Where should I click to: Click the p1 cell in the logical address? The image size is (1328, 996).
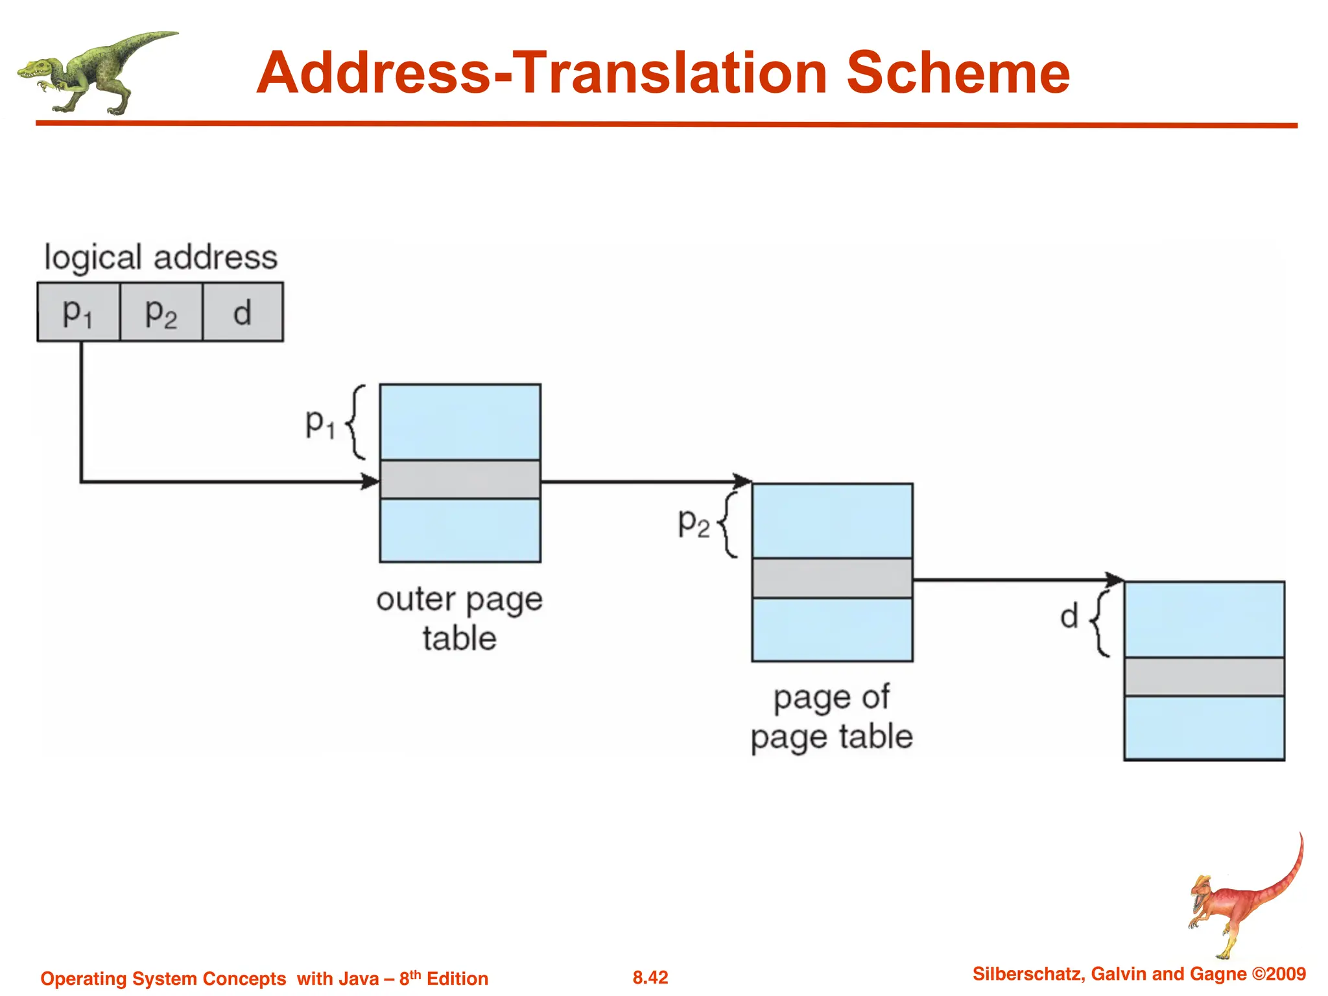pos(78,312)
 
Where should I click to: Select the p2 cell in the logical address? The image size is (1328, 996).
pos(161,312)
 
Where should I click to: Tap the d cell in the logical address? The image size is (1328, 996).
pos(243,312)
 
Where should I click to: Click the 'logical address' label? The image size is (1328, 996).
pos(160,257)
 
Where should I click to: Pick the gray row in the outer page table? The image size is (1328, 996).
pos(460,479)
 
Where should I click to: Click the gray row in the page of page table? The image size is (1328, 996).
pos(832,578)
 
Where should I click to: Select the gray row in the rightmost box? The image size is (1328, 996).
pos(1204,677)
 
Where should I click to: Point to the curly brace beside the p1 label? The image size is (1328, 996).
pos(356,422)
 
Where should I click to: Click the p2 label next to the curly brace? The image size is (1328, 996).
pos(693,523)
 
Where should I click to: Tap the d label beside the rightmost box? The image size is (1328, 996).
pos(1069,616)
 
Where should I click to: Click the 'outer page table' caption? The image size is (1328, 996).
pos(459,618)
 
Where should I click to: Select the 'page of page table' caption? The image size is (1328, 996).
pos(832,717)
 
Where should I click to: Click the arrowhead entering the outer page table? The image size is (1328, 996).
pos(371,481)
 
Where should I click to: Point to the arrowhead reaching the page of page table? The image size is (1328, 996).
pos(742,481)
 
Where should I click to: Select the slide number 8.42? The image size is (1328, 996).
pos(650,977)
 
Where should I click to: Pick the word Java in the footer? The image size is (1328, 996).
pos(357,978)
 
